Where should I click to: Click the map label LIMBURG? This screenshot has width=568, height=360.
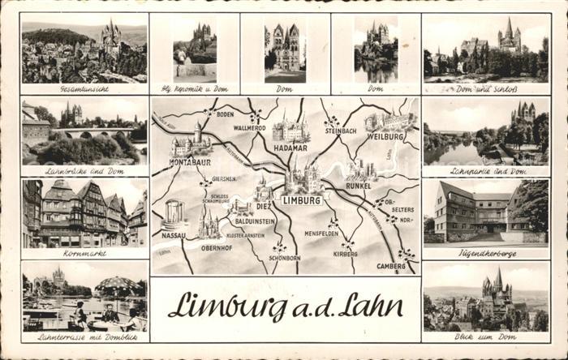tap(301, 199)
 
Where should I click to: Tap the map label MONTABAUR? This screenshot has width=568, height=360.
tap(190, 163)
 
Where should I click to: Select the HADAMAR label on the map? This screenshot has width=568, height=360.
tap(290, 148)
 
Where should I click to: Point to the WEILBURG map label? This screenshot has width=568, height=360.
tap(385, 136)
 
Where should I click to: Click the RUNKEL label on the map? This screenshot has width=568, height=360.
tap(357, 185)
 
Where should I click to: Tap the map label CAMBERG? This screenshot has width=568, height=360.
tap(391, 266)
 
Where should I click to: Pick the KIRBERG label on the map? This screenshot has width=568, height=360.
tap(345, 254)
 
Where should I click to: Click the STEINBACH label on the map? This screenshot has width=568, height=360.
tap(341, 130)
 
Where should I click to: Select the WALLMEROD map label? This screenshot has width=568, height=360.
tap(250, 128)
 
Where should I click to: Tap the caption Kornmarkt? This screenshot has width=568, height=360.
tap(84, 254)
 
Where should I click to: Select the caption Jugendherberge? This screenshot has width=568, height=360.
tap(485, 253)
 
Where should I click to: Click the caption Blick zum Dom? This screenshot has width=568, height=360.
tap(485, 337)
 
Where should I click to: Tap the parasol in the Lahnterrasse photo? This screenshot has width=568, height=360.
tap(118, 285)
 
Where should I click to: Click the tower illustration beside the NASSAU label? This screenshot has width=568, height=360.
tap(174, 213)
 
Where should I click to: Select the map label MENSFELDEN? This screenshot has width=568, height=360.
tap(321, 234)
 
